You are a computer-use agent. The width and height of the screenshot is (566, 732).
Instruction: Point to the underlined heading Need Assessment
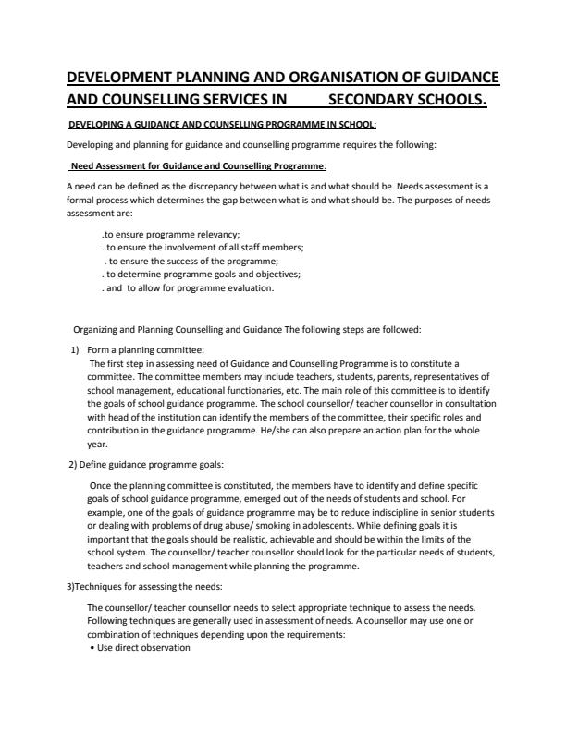coord(198,165)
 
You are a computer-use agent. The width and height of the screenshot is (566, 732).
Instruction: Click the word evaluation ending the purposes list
coord(246,287)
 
